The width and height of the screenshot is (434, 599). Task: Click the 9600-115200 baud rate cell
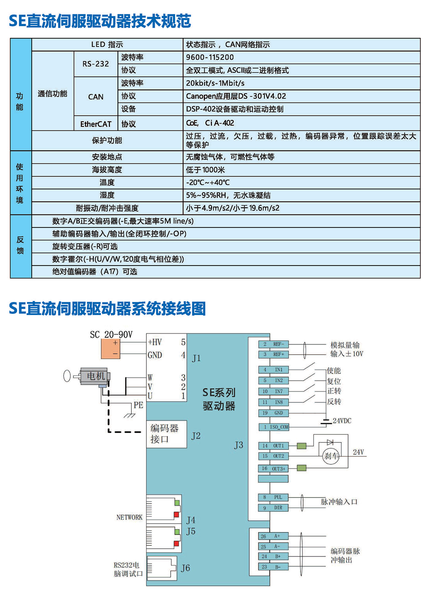(x=210, y=57)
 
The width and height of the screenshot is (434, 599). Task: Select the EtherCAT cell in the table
(x=96, y=124)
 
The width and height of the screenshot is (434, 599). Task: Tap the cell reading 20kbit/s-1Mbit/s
(x=215, y=83)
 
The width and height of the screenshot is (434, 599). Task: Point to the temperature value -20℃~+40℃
(x=208, y=182)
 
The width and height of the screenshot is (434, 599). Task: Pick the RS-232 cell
(x=95, y=64)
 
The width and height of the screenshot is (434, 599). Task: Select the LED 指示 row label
(x=107, y=45)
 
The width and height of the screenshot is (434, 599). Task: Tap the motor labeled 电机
(x=95, y=376)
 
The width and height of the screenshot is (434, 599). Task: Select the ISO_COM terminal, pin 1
(x=274, y=427)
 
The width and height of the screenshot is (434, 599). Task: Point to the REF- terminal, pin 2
(x=273, y=344)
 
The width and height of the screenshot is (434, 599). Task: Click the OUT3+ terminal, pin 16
(x=273, y=469)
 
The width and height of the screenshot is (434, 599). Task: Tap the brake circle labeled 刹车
(x=331, y=456)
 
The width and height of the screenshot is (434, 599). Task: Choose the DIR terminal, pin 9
(x=273, y=508)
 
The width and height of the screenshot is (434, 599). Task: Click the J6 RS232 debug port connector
(x=162, y=568)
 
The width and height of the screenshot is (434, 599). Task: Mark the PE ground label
(x=138, y=405)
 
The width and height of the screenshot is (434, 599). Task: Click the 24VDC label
(x=342, y=421)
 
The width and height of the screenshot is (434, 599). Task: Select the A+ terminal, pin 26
(x=273, y=536)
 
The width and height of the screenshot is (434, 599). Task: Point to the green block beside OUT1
(x=301, y=446)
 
